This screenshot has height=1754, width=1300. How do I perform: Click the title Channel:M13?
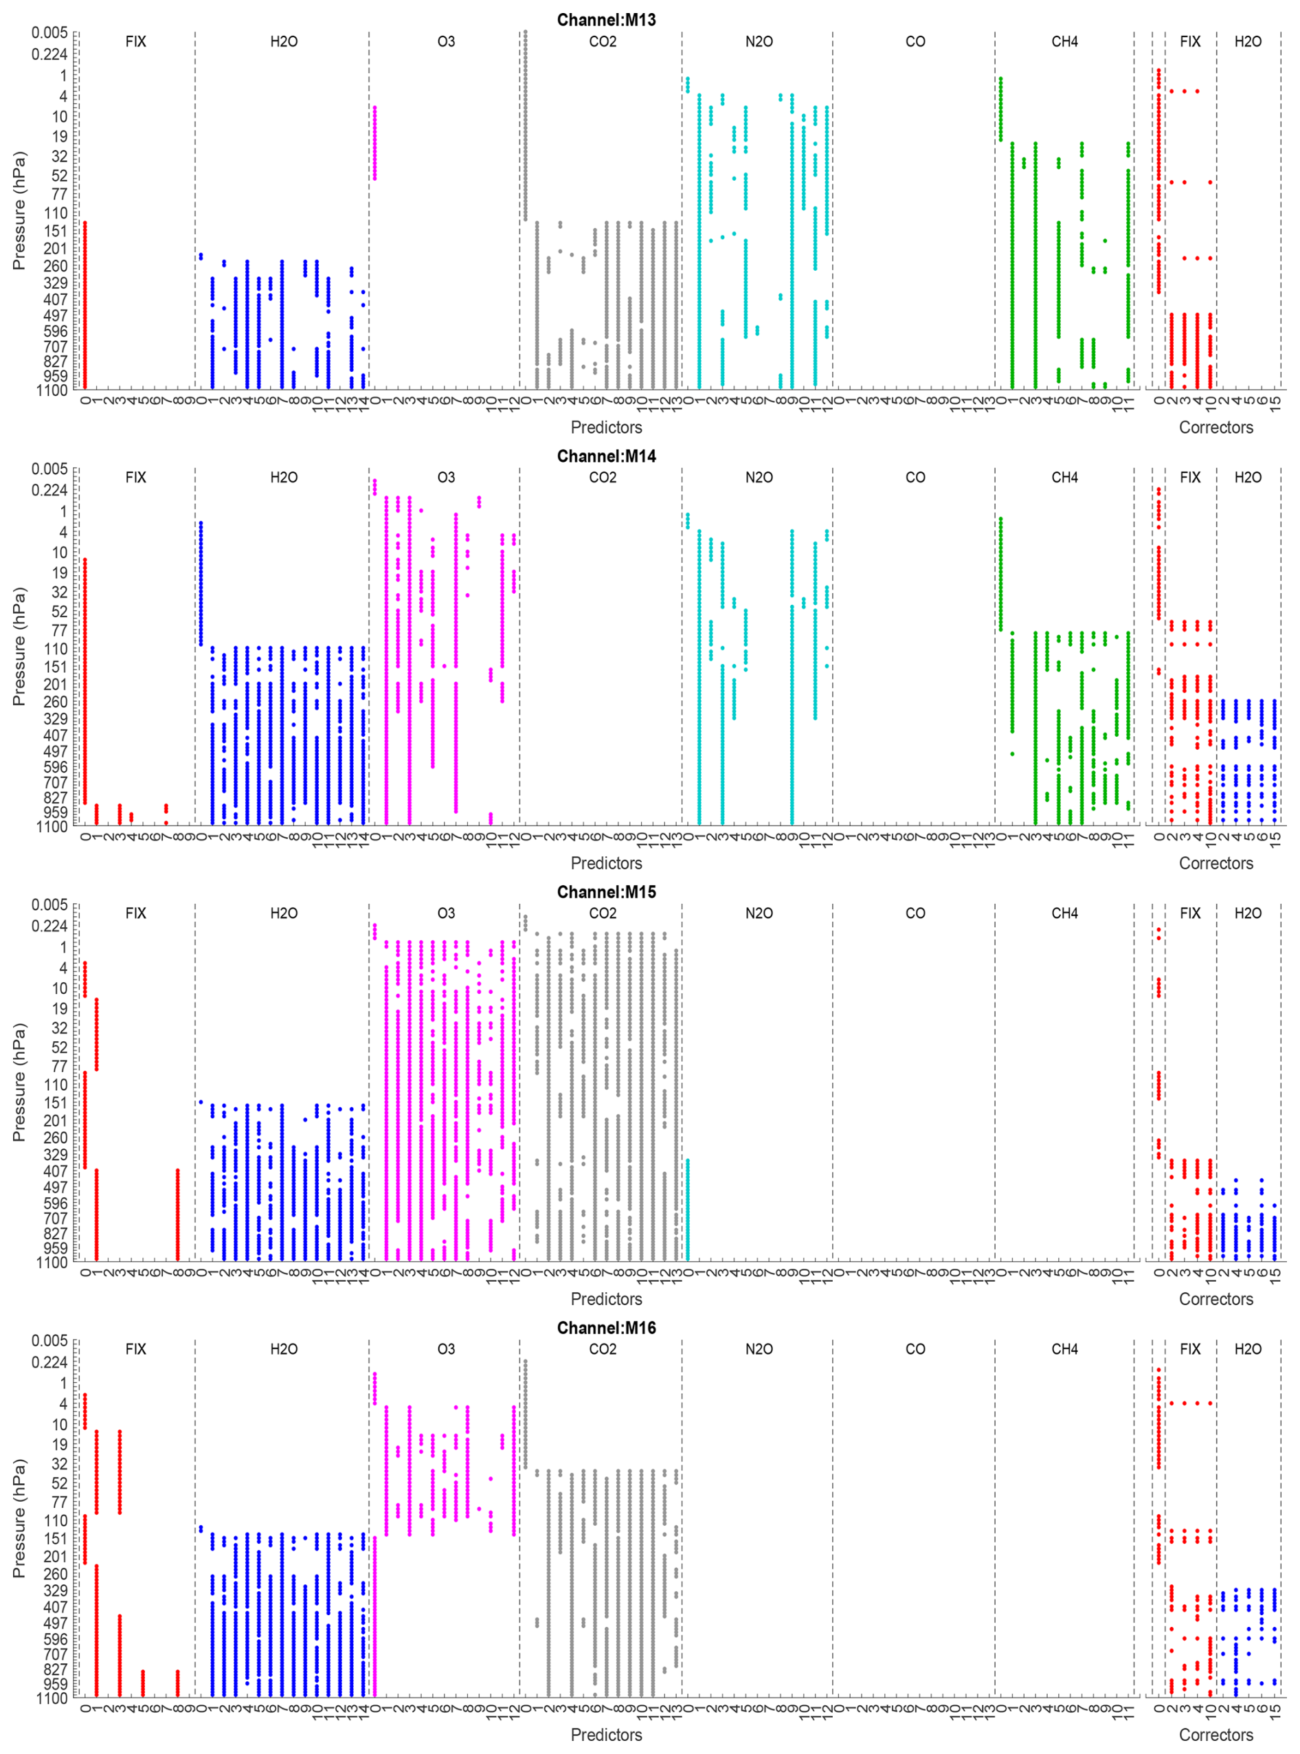click(606, 20)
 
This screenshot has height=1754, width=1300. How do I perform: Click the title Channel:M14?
click(606, 456)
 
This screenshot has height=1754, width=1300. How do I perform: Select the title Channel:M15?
click(606, 892)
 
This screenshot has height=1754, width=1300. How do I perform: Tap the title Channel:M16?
click(606, 1328)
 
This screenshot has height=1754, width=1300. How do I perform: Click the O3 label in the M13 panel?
click(445, 42)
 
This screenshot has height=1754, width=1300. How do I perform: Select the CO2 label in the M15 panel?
click(602, 913)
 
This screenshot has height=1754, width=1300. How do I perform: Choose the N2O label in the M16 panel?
click(759, 1349)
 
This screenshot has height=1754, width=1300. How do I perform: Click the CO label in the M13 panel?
click(915, 42)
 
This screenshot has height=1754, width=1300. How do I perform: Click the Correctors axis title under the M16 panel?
click(1215, 1735)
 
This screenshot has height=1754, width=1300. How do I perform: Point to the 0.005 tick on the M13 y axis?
click(49, 32)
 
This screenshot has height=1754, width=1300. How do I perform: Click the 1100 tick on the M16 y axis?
click(52, 1699)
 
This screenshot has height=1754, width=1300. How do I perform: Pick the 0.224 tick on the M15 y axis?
click(49, 926)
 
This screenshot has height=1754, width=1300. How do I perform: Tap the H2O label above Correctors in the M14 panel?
click(1247, 478)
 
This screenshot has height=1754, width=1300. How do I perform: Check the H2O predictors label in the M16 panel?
click(283, 1349)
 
